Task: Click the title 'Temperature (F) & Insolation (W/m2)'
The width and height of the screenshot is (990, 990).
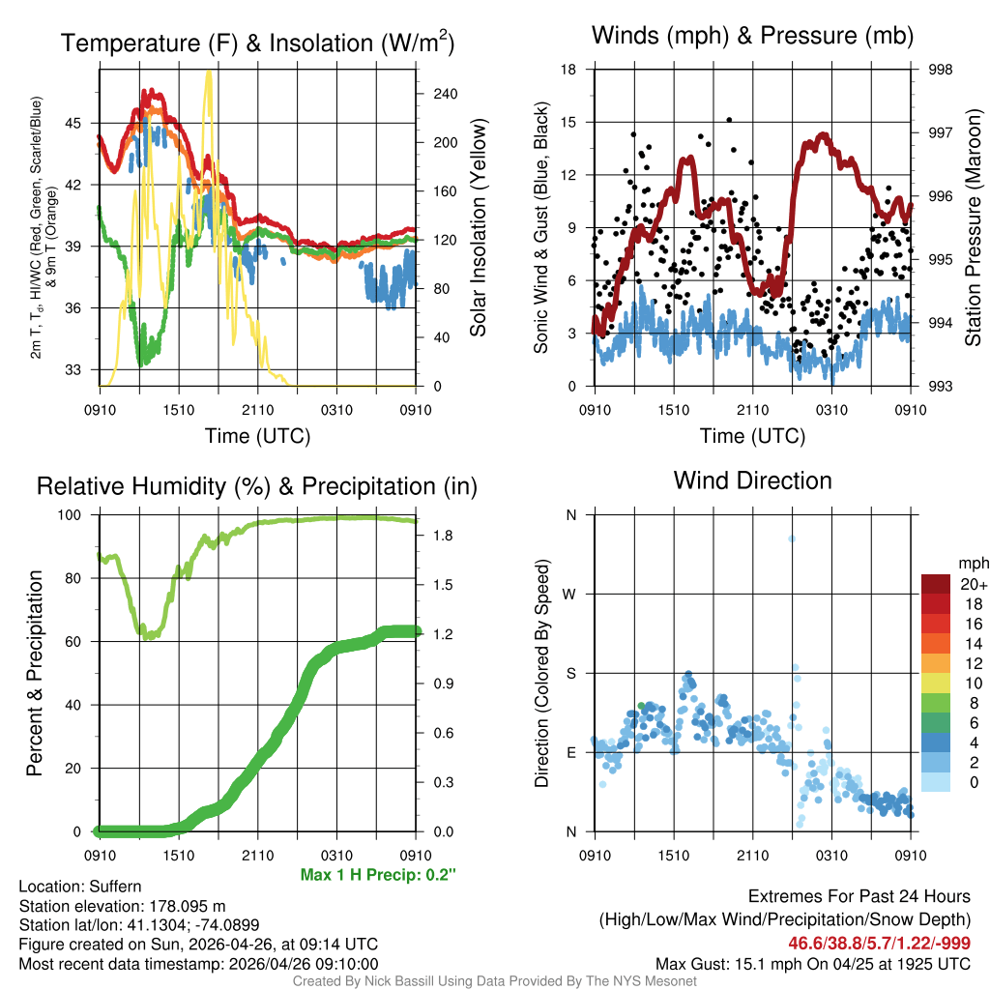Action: [258, 43]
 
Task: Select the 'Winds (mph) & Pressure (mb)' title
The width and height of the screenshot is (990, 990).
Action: [752, 36]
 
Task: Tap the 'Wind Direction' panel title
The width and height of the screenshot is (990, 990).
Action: [752, 480]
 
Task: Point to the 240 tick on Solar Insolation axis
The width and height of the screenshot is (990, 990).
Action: [445, 94]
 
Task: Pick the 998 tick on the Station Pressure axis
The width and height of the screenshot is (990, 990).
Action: [939, 70]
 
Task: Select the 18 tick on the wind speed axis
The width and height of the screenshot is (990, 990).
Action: [569, 70]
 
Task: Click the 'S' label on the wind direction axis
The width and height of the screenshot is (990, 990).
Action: [570, 673]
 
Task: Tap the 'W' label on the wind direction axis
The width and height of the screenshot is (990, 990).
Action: [570, 594]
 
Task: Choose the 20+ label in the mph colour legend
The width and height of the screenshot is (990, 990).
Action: [971, 584]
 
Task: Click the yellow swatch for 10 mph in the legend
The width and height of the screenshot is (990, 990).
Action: [935, 684]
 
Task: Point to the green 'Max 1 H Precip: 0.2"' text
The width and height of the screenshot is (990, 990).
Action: [378, 875]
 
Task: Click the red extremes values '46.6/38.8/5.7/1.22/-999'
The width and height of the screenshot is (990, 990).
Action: [880, 943]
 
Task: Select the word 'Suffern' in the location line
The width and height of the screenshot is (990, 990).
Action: [116, 887]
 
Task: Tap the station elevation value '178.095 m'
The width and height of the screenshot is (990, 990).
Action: [187, 906]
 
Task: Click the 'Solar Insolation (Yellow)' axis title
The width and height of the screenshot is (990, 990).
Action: [478, 228]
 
